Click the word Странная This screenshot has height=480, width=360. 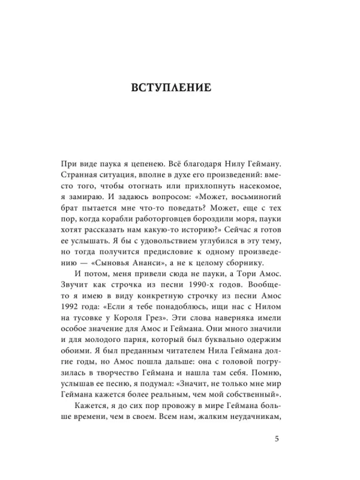[x=82, y=177]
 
